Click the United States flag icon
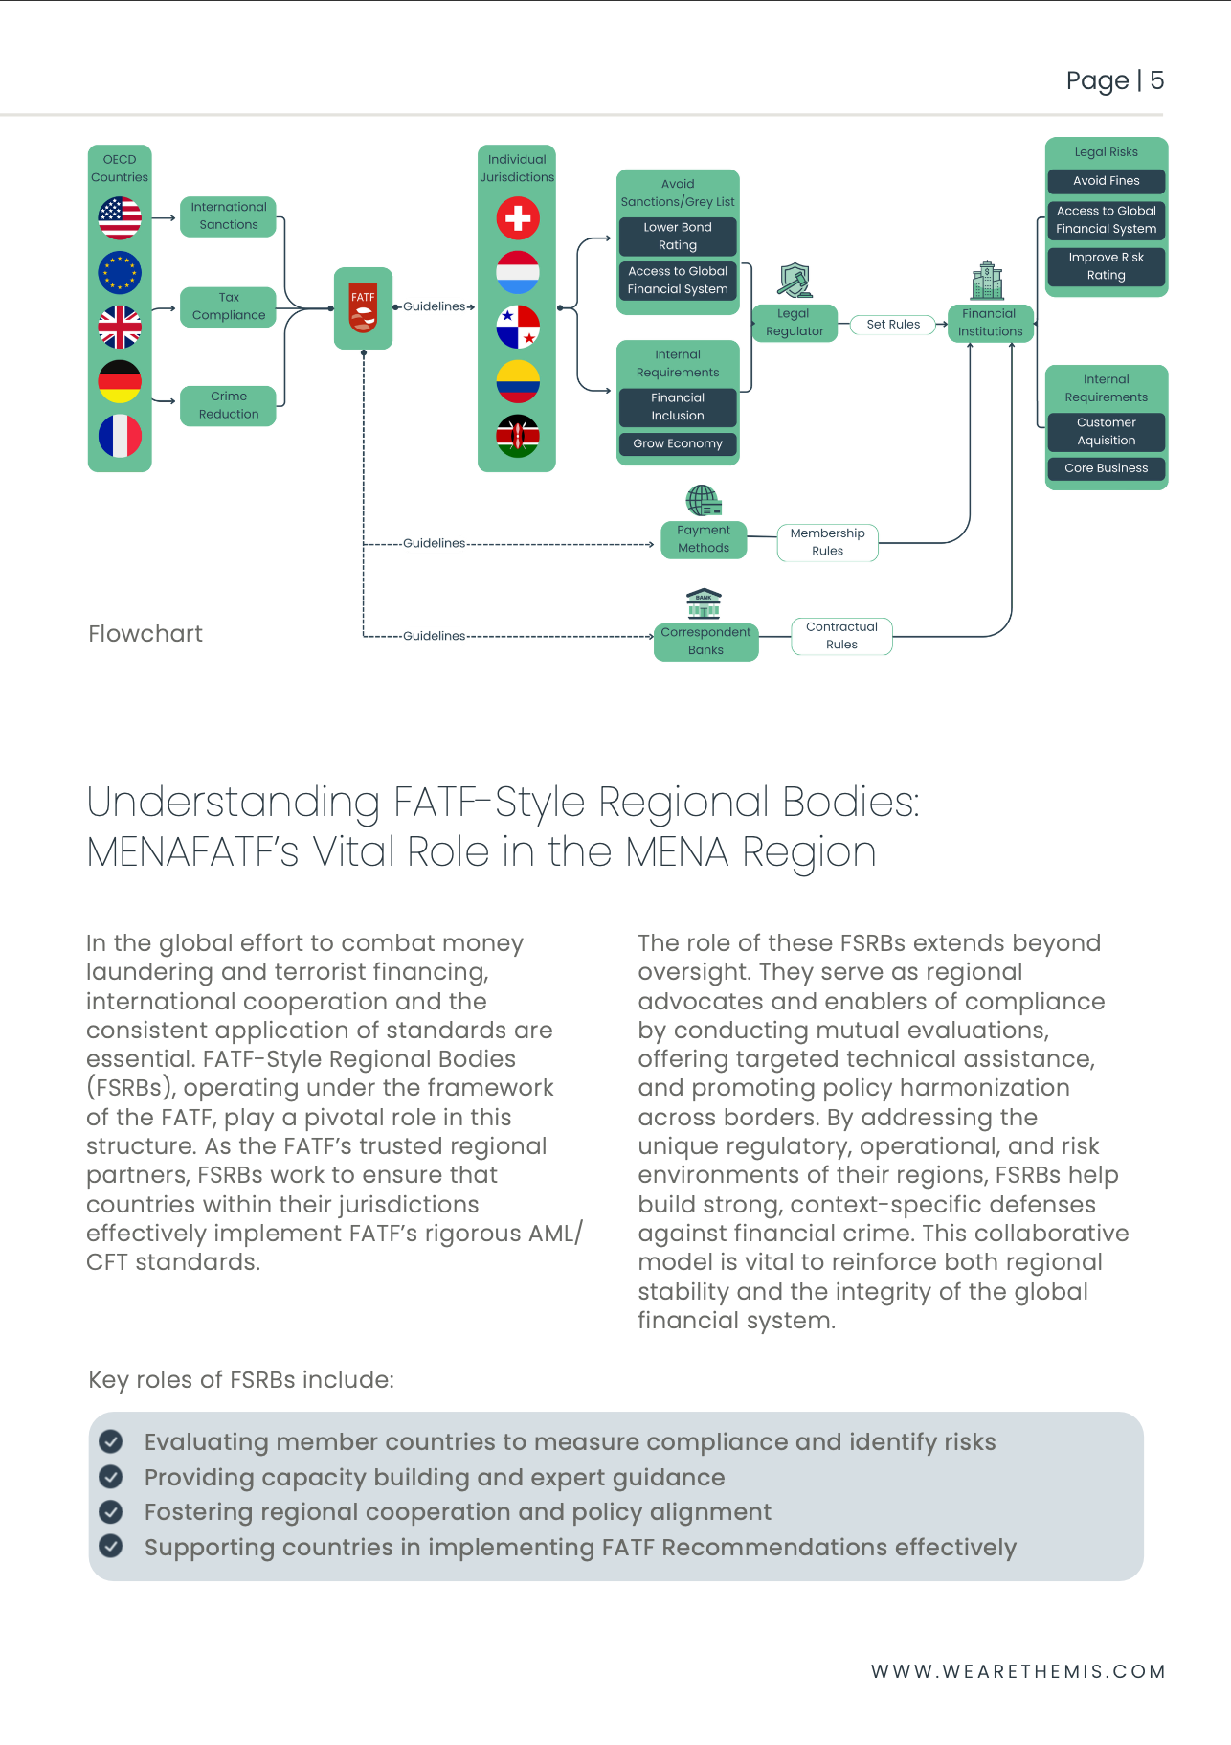pos(120,217)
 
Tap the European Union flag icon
pos(120,272)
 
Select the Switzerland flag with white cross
pos(518,217)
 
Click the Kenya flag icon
pos(518,437)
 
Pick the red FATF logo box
pos(363,307)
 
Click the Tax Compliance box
pos(229,306)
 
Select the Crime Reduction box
pos(229,405)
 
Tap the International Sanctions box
pos(229,215)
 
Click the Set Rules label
pos(893,325)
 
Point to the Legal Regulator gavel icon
pos(795,281)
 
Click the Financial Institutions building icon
pos(987,281)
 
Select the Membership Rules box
pos(827,542)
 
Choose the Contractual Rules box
pos(841,636)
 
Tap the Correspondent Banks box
pos(705,641)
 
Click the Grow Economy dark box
pos(678,443)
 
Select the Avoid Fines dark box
pos(1106,181)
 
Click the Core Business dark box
pos(1106,468)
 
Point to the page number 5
pos(1156,80)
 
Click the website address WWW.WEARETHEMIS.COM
pos(1018,1671)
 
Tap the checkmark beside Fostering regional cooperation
pos(111,1511)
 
